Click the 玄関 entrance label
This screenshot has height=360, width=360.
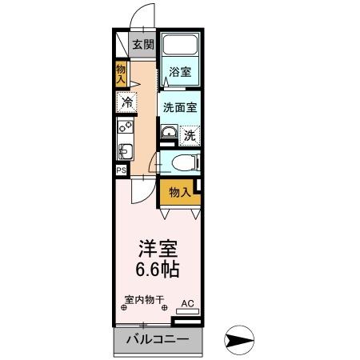pyautogui.click(x=143, y=45)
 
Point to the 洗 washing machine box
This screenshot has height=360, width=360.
pyautogui.click(x=190, y=135)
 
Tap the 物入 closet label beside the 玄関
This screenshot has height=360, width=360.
pyautogui.click(x=122, y=74)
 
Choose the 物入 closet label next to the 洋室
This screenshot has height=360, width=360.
pyautogui.click(x=178, y=192)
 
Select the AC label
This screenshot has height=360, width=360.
pyautogui.click(x=188, y=304)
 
